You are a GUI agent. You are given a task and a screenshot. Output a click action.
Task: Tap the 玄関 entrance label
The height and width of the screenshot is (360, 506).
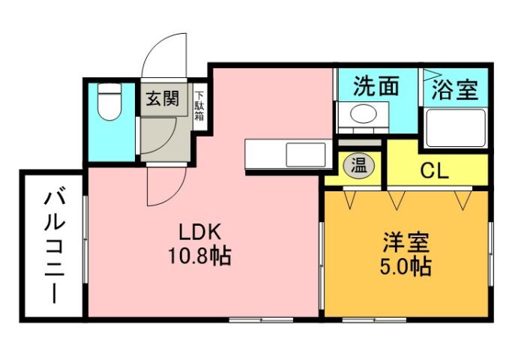162,99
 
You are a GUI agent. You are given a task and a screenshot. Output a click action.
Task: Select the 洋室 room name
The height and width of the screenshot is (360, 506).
406,242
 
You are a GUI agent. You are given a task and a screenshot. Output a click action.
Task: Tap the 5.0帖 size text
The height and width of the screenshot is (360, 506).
406,266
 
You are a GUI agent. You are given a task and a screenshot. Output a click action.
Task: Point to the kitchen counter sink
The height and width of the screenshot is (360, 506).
304,155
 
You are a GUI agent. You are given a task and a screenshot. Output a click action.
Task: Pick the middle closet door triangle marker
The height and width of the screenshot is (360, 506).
396,199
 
